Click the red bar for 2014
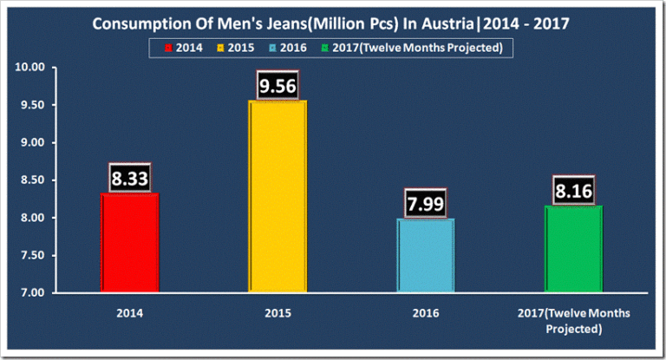pos(130,243)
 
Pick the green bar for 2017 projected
pos(573,249)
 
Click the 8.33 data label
pos(130,179)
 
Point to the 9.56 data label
pos(277,86)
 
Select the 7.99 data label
pos(425,204)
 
